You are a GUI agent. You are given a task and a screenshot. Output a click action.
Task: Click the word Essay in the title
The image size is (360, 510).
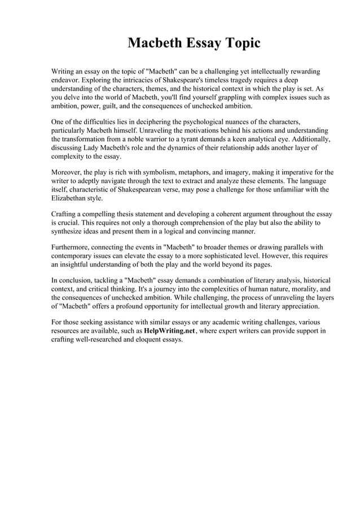[192, 43]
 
